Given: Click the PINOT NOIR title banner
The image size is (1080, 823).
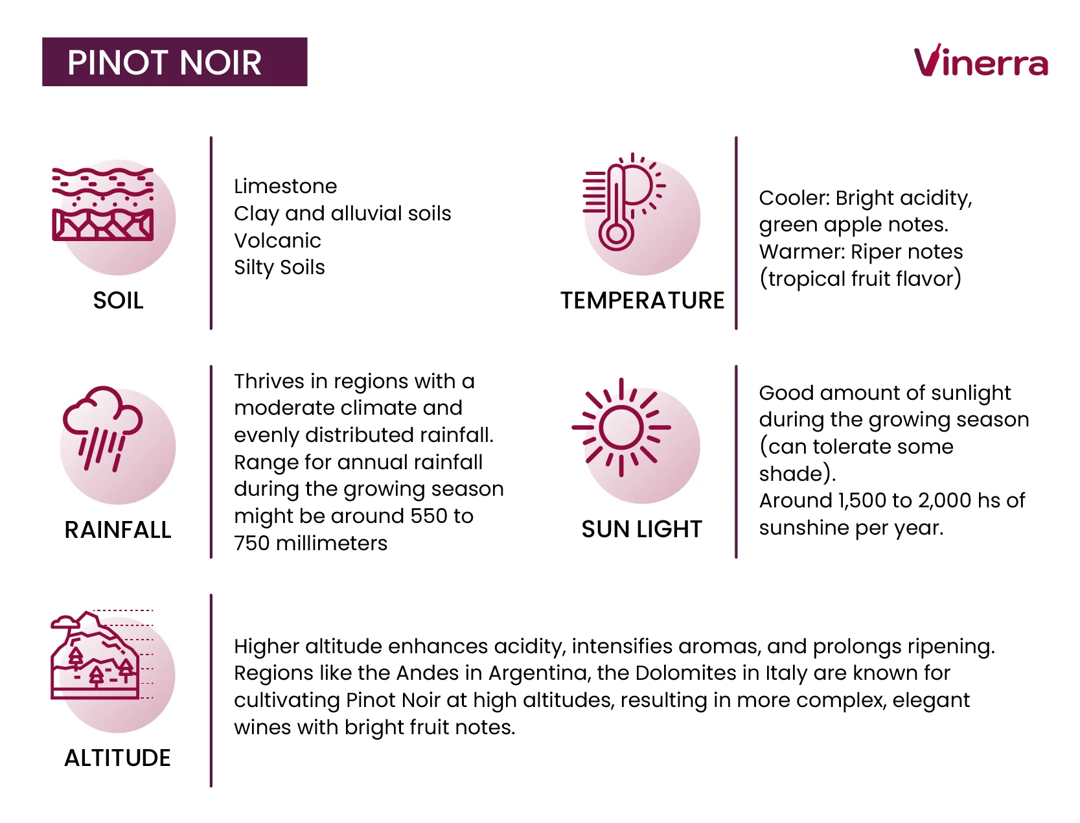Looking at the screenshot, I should (x=174, y=62).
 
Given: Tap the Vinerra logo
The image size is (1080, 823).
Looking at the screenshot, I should (x=980, y=62).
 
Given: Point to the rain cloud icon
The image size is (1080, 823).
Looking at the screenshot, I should (x=102, y=428).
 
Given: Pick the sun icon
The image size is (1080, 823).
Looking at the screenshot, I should (x=621, y=427).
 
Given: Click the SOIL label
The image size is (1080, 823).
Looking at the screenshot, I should (x=118, y=301).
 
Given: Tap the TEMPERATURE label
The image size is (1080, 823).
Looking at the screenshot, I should (x=642, y=301).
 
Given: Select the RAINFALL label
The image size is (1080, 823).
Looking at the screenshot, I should (x=118, y=530).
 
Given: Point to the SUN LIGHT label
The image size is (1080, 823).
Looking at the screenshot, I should (x=641, y=529).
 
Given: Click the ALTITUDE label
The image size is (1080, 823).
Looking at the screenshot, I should (x=117, y=758).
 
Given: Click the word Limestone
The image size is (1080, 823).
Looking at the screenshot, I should (x=285, y=187).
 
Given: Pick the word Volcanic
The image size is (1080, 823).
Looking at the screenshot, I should (x=277, y=241).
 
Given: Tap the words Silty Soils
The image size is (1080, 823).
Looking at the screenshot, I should (x=279, y=268).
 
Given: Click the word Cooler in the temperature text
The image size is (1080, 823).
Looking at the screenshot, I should (x=793, y=198).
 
